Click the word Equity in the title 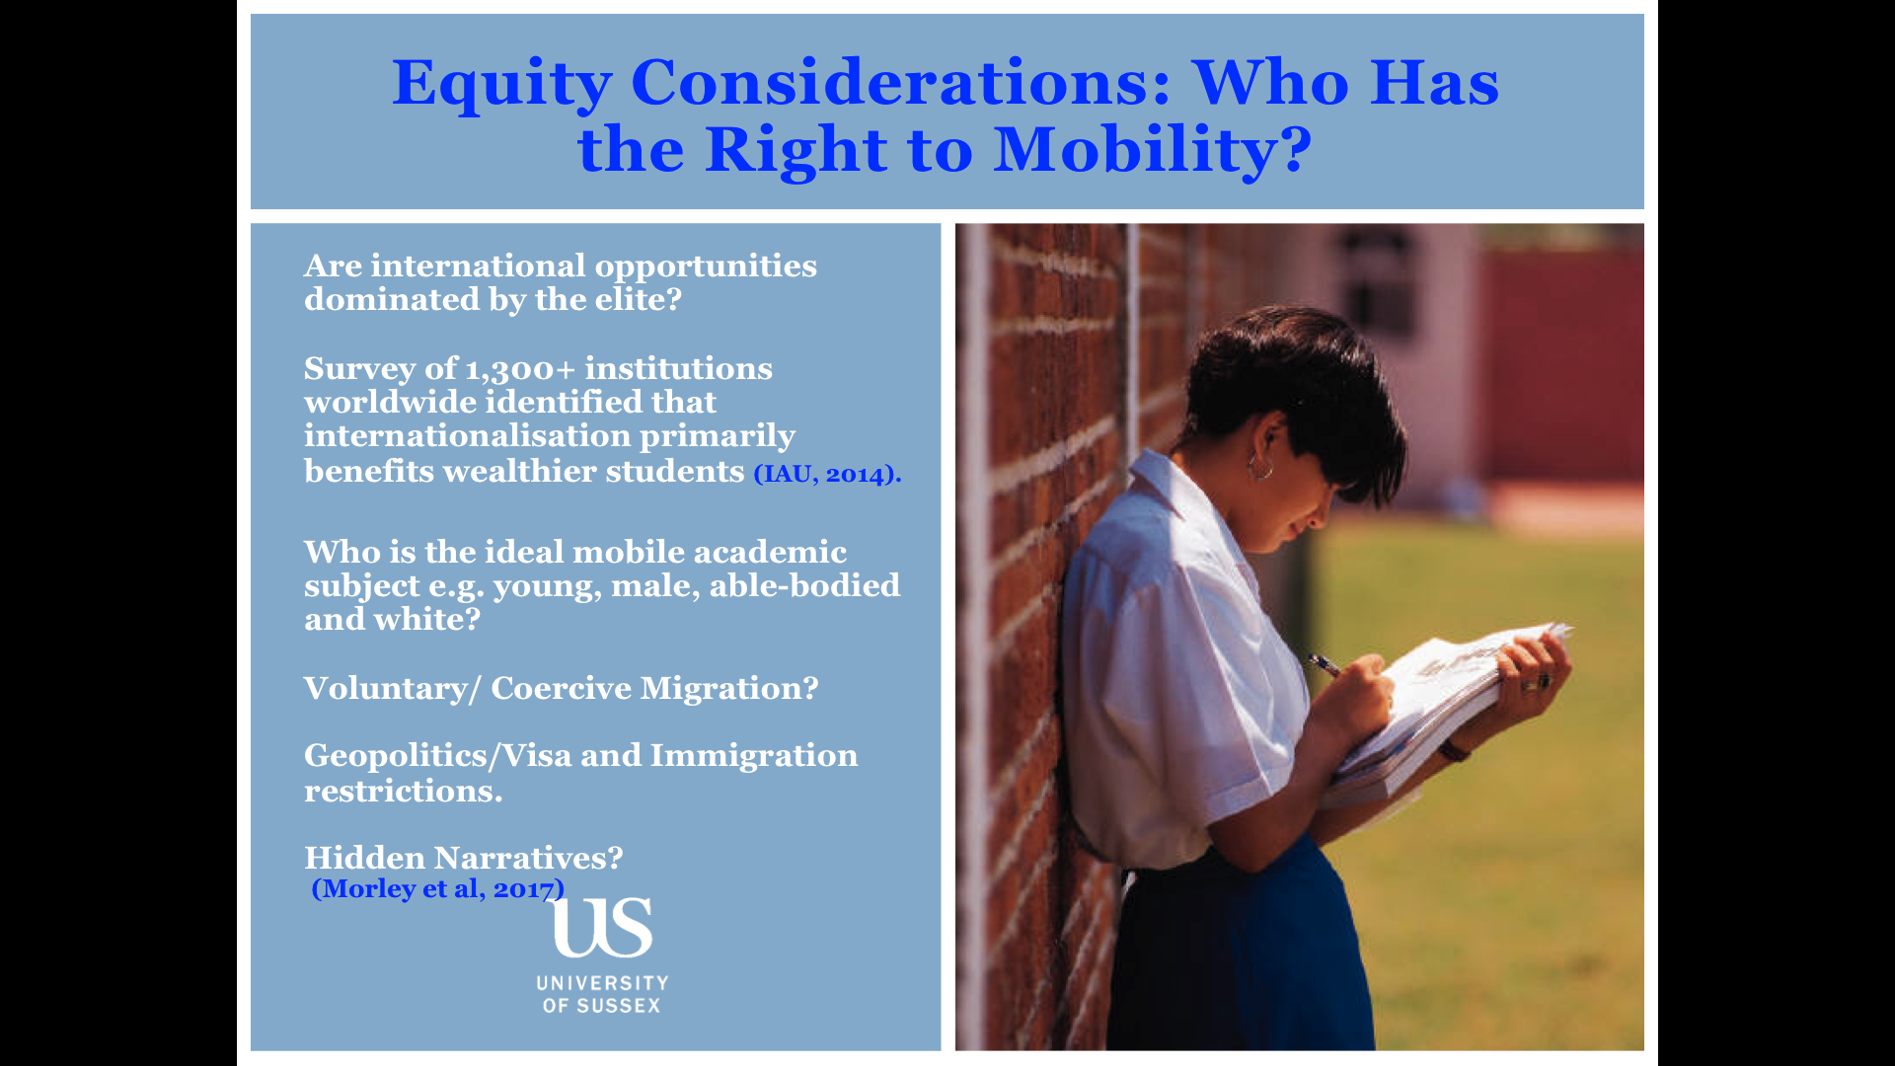[502, 83]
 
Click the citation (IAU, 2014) [827, 474]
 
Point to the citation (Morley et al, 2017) [438, 888]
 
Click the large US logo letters [603, 927]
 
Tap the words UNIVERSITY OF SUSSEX [602, 994]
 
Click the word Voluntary [386, 689]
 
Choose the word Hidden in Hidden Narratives [364, 858]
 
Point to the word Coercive [561, 688]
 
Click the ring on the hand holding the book [1542, 681]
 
